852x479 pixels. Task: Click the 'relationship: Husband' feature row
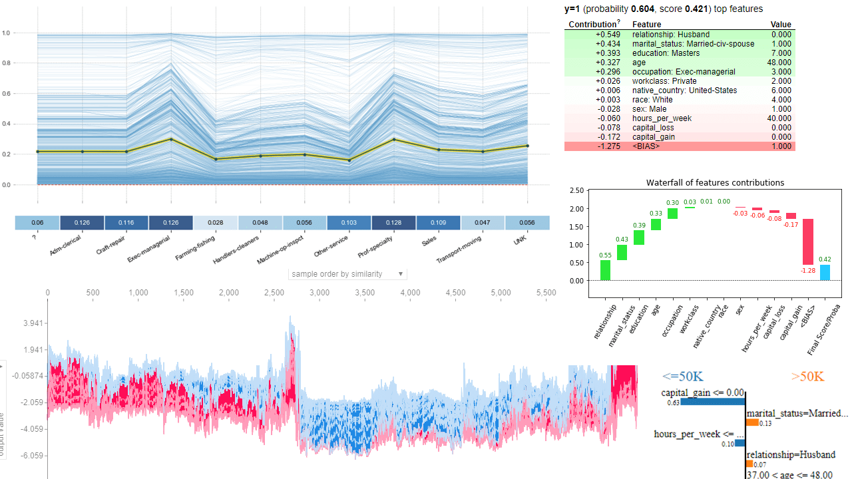[x=670, y=35]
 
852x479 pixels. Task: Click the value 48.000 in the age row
[x=778, y=63]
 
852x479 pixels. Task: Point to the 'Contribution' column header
[x=592, y=25]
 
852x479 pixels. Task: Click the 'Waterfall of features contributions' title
[x=715, y=182]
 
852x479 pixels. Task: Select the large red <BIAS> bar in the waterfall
[x=807, y=242]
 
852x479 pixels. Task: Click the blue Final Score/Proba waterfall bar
[x=824, y=273]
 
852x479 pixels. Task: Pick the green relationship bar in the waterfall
[x=605, y=270]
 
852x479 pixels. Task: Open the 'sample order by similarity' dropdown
[x=347, y=274]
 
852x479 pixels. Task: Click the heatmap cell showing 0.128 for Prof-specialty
[x=393, y=223]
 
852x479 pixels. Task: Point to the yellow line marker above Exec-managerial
[x=172, y=139]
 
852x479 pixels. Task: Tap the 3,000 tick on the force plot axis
[x=319, y=293]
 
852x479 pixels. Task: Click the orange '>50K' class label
[x=807, y=377]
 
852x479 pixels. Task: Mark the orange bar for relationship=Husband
[x=749, y=464]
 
